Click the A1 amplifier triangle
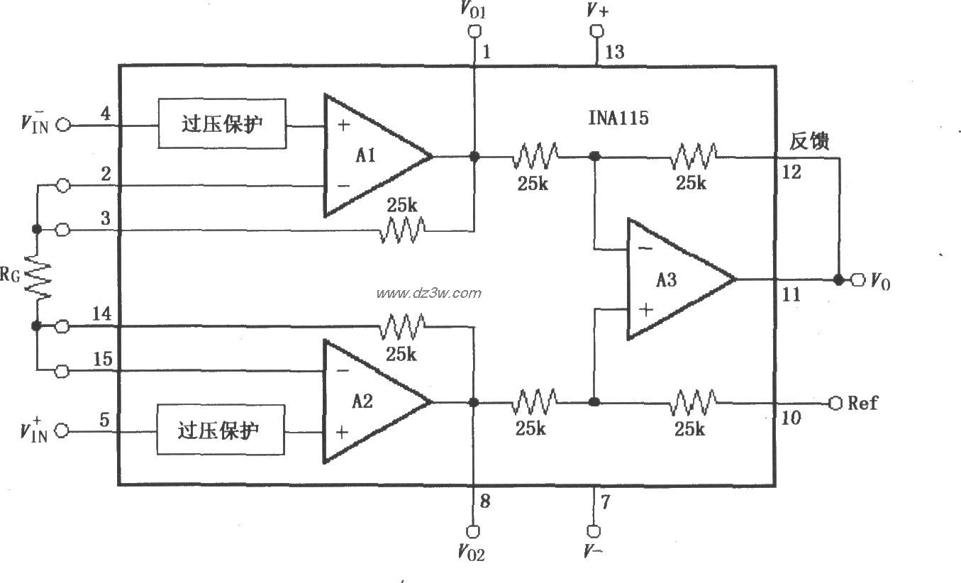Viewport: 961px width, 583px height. (369, 156)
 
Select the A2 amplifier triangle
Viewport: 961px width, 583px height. (369, 402)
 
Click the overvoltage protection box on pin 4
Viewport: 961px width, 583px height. (222, 123)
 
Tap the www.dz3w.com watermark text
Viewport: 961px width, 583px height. (428, 293)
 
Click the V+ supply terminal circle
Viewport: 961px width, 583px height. (596, 31)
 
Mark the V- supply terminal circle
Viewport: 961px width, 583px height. (594, 530)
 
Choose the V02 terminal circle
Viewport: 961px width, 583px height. (473, 530)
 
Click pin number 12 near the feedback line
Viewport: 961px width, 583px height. (792, 172)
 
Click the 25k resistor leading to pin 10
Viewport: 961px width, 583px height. (693, 402)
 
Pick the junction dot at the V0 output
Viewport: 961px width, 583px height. (839, 279)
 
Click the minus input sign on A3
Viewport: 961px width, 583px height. (644, 248)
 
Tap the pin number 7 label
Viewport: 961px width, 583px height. (605, 502)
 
